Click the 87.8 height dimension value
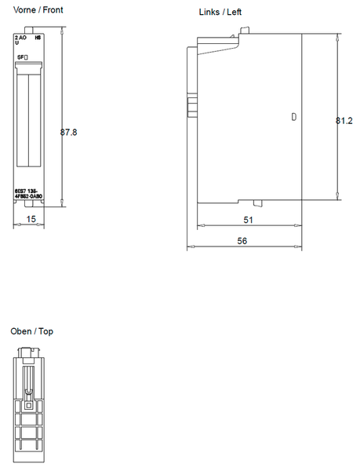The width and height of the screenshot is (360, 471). point(69,133)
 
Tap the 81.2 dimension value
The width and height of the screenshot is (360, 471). point(344,122)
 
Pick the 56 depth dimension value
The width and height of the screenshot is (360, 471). point(242,241)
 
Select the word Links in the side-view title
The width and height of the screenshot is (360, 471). point(209,13)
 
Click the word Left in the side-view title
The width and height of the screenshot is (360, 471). point(234,13)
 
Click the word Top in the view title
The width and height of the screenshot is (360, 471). point(46,331)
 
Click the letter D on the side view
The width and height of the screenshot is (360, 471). point(294,117)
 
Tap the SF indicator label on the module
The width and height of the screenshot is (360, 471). point(24,58)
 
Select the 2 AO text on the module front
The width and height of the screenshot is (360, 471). point(20,37)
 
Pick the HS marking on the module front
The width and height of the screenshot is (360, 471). point(37,37)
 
